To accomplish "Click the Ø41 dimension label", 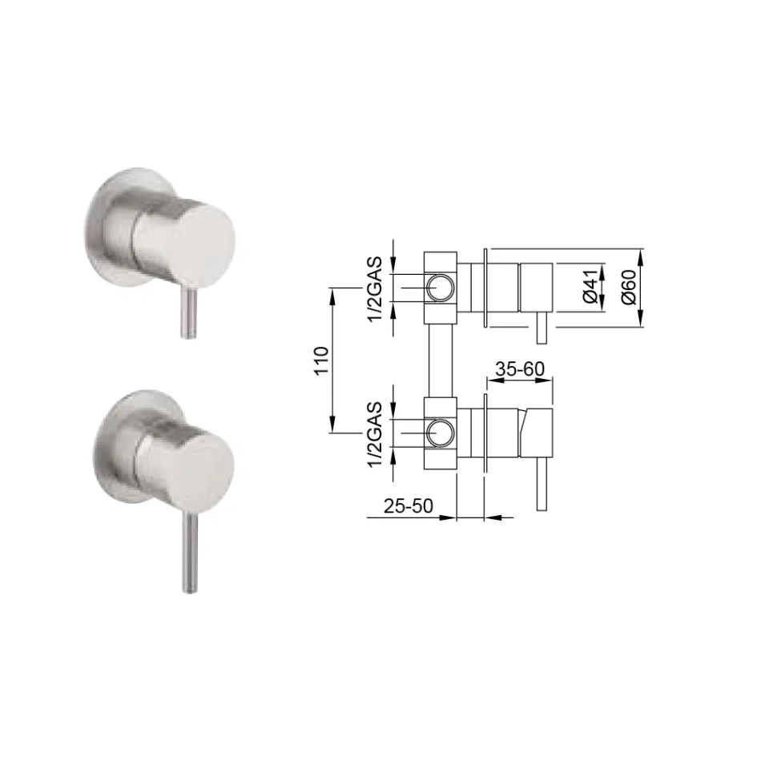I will pos(590,287).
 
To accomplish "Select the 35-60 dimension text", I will pos(520,369).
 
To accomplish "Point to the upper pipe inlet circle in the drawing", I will pos(439,287).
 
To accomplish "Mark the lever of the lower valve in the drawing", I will pos(542,485).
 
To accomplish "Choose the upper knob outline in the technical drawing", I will pos(536,286).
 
